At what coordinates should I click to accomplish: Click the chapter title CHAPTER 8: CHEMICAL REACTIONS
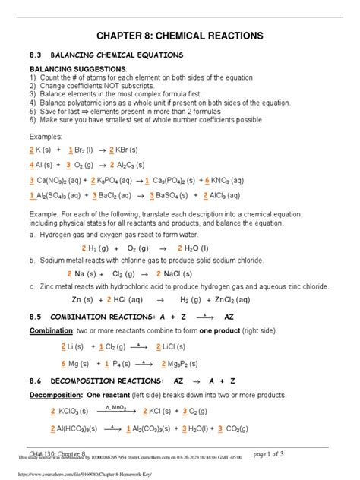click(179, 36)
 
